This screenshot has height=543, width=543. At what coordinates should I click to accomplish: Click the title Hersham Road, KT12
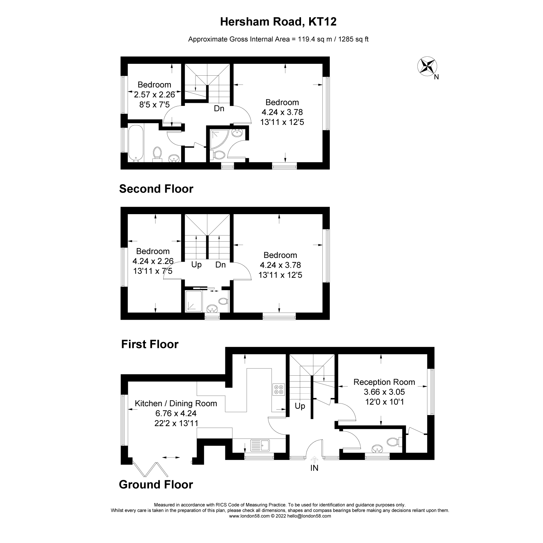278,22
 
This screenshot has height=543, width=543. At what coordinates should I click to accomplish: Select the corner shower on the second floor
218,139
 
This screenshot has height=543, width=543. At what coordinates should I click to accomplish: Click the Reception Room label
384,382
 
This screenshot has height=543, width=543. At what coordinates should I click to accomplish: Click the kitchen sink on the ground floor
260,445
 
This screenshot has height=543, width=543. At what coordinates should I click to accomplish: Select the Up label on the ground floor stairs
300,406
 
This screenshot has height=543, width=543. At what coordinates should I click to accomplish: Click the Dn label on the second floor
219,109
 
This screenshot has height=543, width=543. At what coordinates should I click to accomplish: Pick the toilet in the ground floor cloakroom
393,442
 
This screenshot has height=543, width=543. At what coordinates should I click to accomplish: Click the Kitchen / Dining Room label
176,404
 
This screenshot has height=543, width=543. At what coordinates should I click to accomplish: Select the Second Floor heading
156,189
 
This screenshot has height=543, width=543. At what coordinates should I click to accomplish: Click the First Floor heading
150,344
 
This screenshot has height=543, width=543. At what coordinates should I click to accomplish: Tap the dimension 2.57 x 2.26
154,95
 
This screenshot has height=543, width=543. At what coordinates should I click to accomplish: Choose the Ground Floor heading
156,485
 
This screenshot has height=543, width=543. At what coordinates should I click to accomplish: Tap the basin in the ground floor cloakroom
376,449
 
